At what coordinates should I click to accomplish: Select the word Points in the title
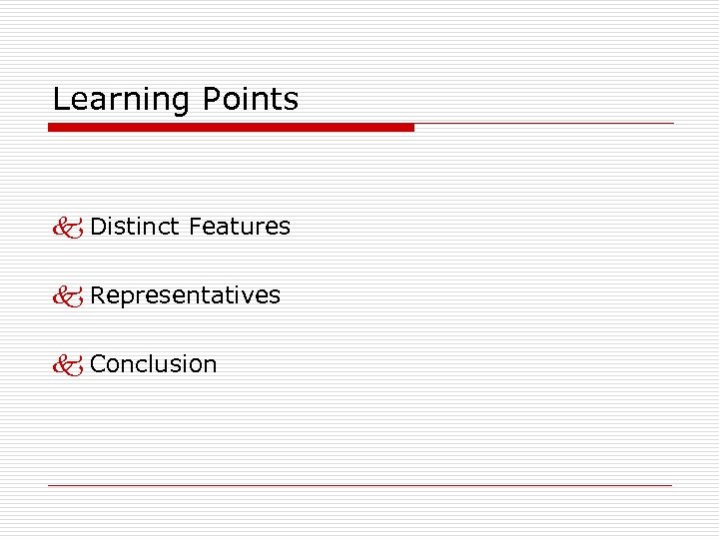(x=250, y=100)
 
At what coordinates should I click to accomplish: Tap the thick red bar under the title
(x=231, y=128)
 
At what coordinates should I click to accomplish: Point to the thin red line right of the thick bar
(x=544, y=124)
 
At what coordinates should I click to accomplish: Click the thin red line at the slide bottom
(x=359, y=485)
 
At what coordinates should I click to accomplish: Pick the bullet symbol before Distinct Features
(x=69, y=228)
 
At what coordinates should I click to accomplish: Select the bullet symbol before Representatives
(x=69, y=296)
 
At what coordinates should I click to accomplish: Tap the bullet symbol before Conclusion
(x=69, y=365)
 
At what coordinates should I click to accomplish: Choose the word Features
(x=240, y=227)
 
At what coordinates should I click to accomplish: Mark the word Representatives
(x=185, y=295)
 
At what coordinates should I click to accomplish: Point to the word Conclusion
(x=153, y=364)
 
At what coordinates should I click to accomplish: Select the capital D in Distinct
(x=98, y=227)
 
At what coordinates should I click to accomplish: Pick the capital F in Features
(x=195, y=227)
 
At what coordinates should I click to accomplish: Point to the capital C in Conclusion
(x=98, y=364)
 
